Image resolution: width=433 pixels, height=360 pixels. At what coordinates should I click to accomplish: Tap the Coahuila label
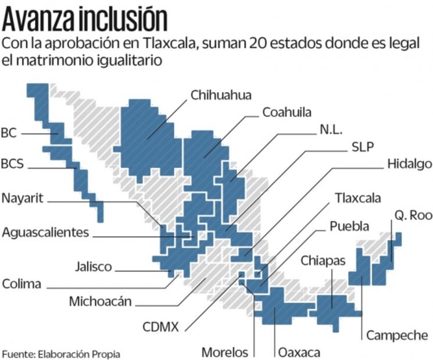point(287,111)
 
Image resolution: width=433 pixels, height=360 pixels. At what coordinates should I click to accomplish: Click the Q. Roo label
point(413,215)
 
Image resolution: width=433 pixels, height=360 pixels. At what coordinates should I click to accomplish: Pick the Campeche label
point(397,335)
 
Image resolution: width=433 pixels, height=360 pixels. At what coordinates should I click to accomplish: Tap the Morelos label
point(224,352)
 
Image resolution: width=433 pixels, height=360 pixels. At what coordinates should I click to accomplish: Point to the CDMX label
point(160,326)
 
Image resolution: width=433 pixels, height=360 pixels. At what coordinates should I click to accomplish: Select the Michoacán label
point(100,301)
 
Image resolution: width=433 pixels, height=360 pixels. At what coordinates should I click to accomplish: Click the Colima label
point(22,284)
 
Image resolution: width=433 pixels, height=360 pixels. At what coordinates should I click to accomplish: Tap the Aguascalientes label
point(45,232)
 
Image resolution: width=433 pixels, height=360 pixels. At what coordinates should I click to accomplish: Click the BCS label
point(12,164)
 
